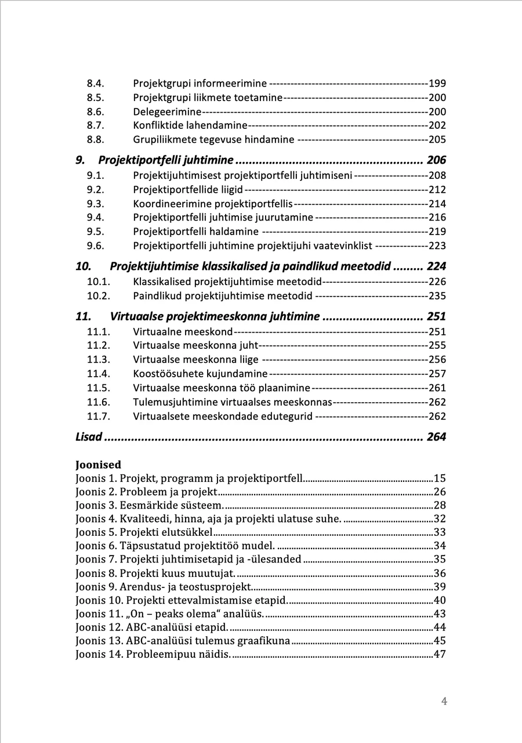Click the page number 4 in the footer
(444, 701)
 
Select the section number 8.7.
(95, 125)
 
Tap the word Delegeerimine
(167, 111)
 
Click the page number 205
(437, 140)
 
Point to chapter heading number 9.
(80, 160)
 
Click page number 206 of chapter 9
(436, 160)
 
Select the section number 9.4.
(95, 218)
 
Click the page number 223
(437, 246)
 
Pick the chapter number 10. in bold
(84, 267)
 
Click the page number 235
(437, 296)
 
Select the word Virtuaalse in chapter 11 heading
(136, 317)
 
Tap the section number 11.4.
(98, 374)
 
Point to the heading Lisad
(89, 437)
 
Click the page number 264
(436, 437)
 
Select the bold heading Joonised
(98, 465)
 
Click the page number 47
(440, 655)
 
